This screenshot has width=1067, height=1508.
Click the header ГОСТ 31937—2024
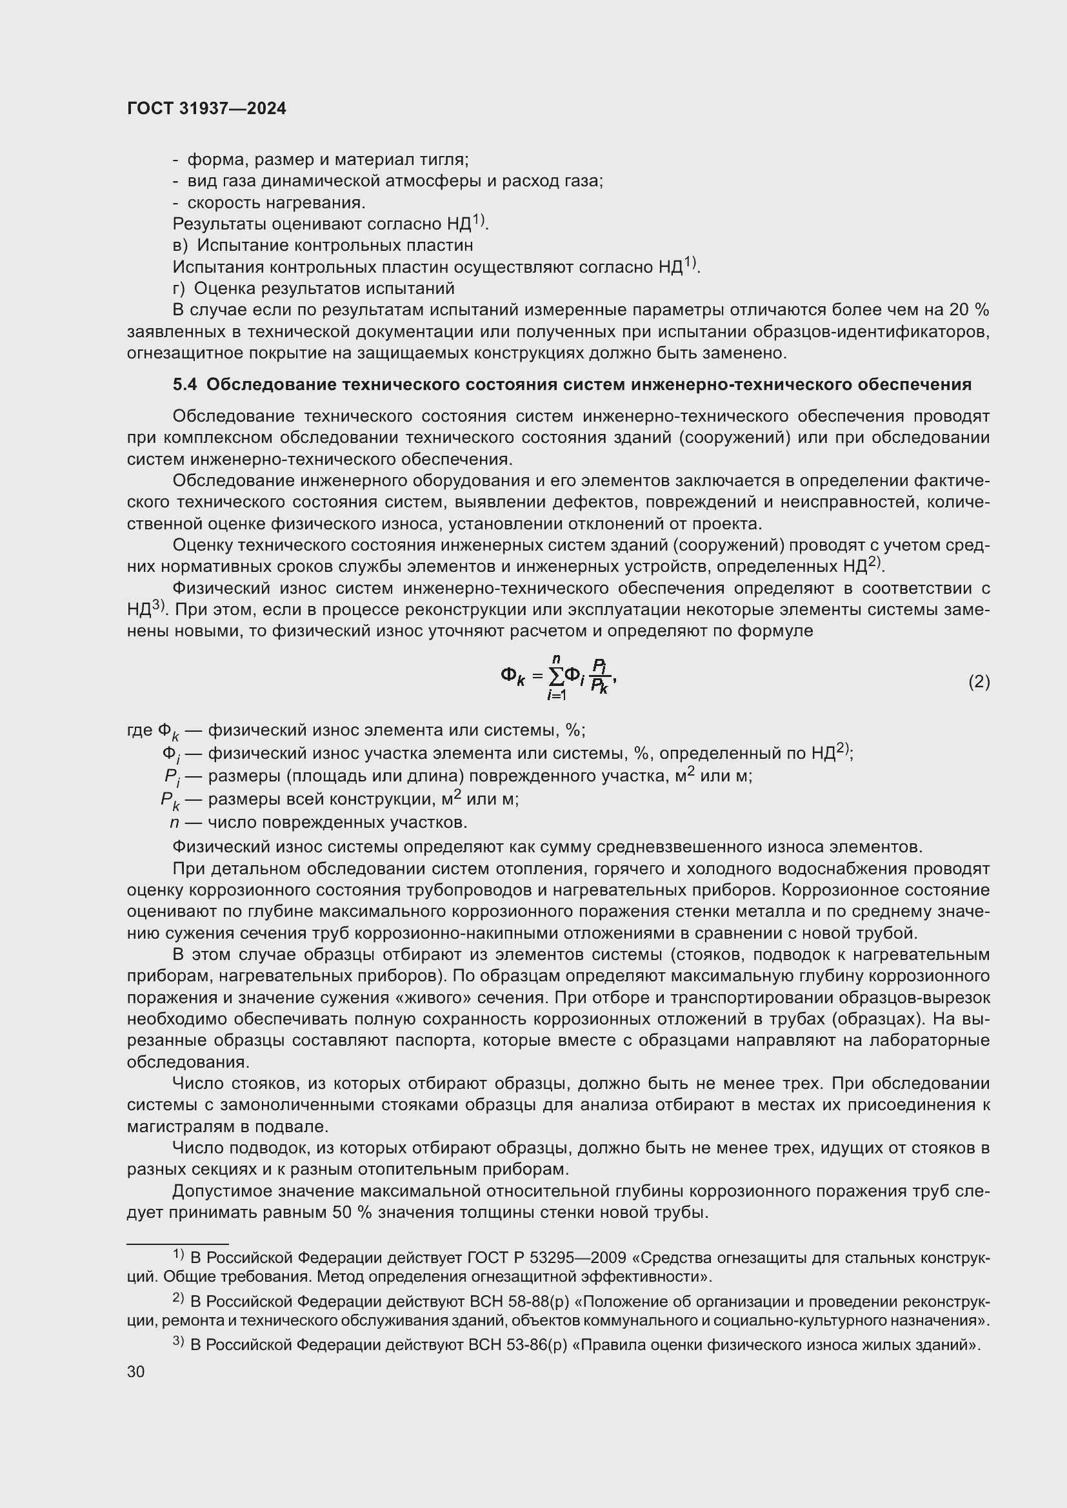[x=206, y=109]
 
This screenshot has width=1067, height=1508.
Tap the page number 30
[x=136, y=1371]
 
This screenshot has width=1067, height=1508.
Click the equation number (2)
[x=979, y=681]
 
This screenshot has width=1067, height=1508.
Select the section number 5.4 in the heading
[x=184, y=385]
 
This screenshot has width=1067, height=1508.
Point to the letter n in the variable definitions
[x=174, y=822]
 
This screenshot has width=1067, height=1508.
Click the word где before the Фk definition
[x=139, y=730]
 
